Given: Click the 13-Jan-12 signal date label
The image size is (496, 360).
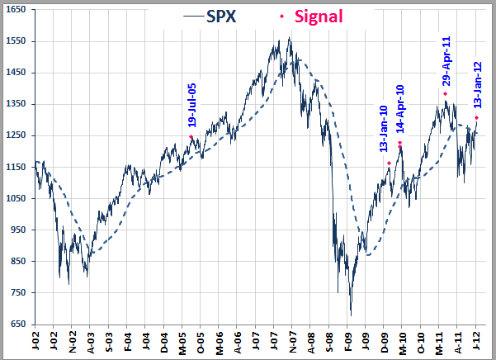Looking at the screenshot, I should coord(477,86).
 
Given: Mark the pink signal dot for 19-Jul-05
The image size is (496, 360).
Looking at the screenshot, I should coord(191,137).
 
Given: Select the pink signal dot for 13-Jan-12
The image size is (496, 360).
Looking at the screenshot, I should coord(477,117).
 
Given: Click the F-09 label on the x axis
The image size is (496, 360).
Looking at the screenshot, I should coord(347,343).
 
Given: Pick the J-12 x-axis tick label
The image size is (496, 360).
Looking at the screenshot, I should coord(476,343).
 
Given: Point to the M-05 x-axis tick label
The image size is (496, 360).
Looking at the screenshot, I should coord(182,343).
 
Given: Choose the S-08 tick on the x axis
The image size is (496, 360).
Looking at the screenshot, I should coord(329,343).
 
